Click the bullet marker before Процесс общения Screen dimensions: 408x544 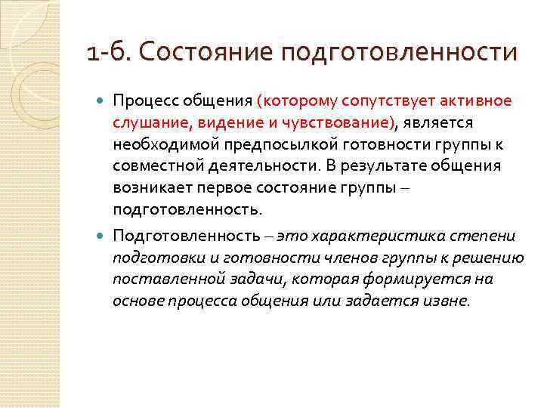tap(102, 101)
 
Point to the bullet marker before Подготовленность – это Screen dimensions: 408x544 tap(102, 236)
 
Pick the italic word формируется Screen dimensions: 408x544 tap(408, 279)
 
